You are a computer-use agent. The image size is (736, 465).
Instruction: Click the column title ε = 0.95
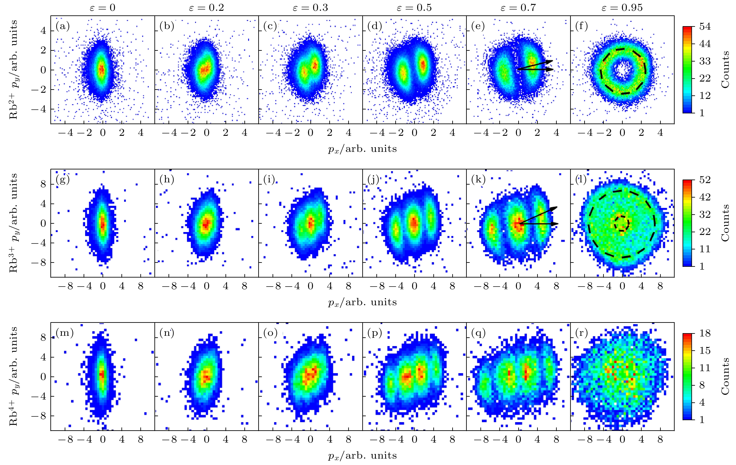[x=622, y=8]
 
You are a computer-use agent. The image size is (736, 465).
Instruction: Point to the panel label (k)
[x=478, y=180]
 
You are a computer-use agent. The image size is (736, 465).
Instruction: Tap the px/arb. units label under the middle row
[x=363, y=302]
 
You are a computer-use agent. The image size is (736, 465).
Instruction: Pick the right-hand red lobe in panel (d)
[x=423, y=65]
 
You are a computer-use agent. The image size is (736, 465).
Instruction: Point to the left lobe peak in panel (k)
[x=492, y=229]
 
